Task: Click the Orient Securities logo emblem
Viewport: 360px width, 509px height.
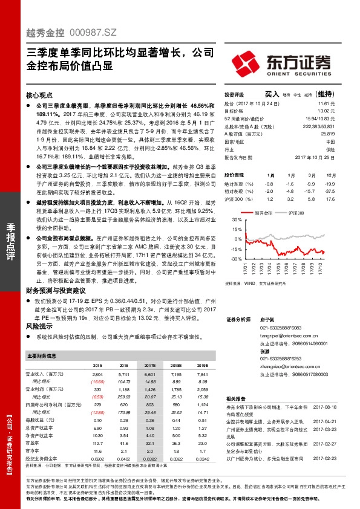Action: (x=244, y=62)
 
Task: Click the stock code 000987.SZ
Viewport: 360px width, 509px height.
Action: (x=92, y=36)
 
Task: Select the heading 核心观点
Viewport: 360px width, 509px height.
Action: (x=41, y=96)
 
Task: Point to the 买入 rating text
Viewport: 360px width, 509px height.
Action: (x=273, y=94)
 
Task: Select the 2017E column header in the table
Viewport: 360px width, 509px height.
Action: (x=149, y=366)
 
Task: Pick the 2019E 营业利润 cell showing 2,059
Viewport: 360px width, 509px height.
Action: (x=202, y=389)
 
